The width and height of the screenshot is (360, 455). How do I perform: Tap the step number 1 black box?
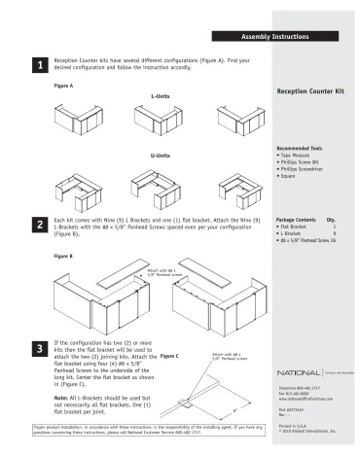(39, 65)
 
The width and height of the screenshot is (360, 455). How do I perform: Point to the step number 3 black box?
(39, 348)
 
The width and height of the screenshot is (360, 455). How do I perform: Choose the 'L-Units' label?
(161, 97)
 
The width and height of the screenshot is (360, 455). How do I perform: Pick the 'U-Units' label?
(161, 156)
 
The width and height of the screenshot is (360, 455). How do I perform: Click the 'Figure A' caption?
(64, 87)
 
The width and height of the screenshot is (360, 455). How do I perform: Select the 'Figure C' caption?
(169, 356)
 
